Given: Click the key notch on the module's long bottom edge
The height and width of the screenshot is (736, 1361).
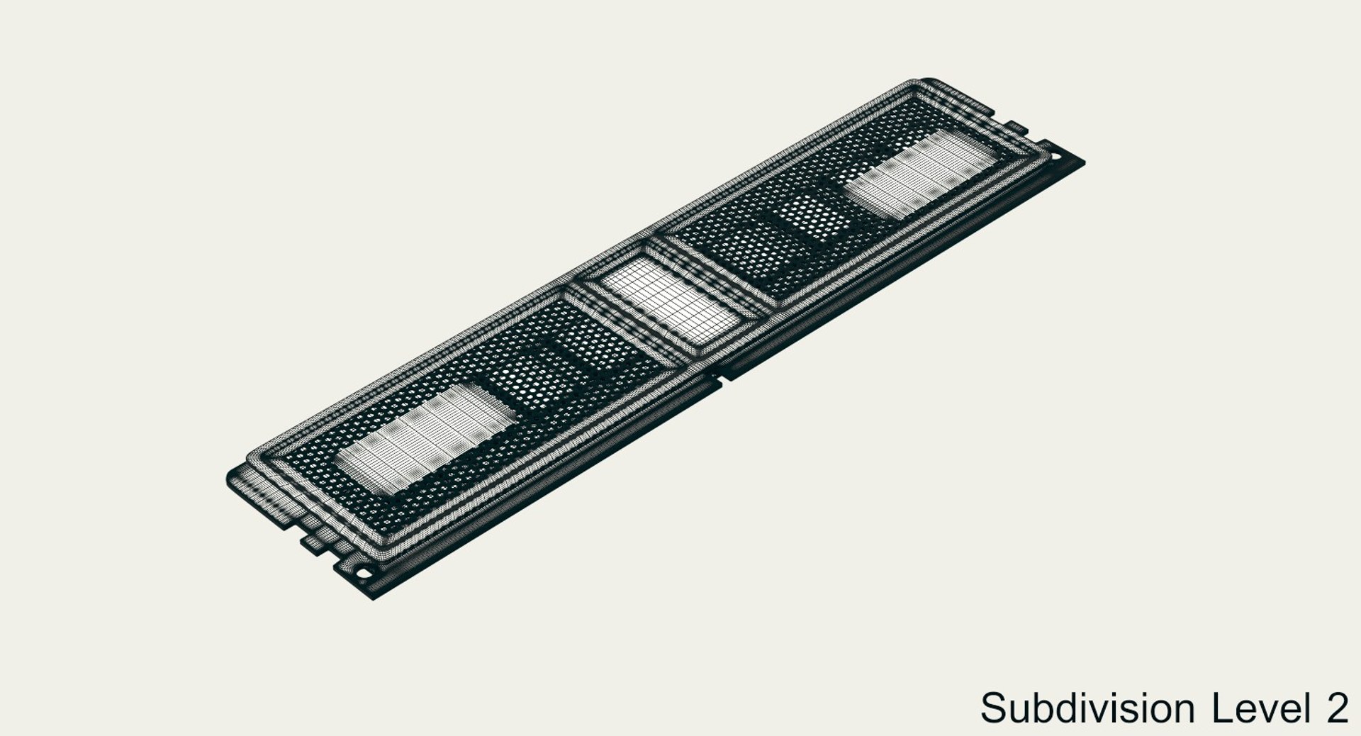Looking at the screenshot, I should [x=722, y=374].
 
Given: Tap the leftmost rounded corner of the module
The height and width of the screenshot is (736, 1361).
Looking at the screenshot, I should [x=230, y=475].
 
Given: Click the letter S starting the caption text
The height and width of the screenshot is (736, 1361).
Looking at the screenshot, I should [x=993, y=708].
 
